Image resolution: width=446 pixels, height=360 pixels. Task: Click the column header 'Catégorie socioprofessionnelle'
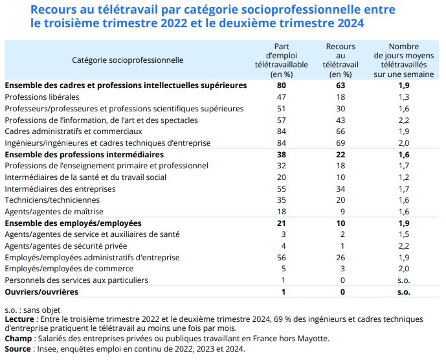[128, 60]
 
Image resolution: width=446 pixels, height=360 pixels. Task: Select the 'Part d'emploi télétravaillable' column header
[281, 60]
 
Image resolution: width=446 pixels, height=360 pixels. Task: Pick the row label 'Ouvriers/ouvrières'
[41, 292]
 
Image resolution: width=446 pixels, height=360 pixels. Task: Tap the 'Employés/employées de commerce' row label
[61, 269]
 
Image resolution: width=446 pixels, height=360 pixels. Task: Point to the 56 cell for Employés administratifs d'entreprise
[281, 258]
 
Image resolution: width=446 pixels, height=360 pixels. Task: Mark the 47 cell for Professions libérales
[281, 96]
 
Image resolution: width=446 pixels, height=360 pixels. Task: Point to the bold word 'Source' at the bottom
[18, 348]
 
